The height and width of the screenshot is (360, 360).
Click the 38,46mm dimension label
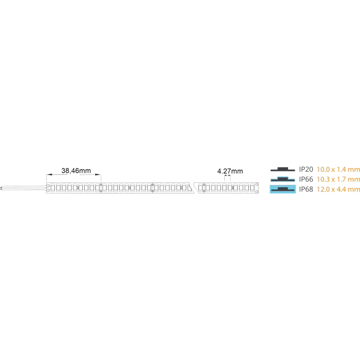tap(76, 171)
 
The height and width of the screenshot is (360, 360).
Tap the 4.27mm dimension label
tap(230, 171)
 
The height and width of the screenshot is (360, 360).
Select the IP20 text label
tap(306, 170)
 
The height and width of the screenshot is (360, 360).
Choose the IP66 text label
tap(306, 179)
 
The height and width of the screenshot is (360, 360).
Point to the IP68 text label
tap(306, 189)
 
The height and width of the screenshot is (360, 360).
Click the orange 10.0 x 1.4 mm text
tap(338, 170)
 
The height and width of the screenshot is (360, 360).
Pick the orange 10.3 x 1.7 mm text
tap(338, 179)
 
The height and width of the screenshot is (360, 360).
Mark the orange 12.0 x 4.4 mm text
tap(338, 189)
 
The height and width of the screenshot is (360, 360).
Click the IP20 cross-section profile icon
tap(283, 170)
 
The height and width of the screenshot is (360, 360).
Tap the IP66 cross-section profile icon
tap(283, 179)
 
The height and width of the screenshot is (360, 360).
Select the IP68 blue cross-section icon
tap(283, 189)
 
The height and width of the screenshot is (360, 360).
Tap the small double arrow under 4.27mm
tap(227, 175)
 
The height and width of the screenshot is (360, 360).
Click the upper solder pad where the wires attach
tap(49, 186)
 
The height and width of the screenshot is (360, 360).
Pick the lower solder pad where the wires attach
tap(49, 190)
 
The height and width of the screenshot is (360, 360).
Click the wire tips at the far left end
tap(1, 188)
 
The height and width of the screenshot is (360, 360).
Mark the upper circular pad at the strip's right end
tap(256, 184)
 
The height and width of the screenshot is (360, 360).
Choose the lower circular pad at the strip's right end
tap(256, 192)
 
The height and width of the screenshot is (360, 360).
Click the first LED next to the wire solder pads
tap(53, 188)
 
